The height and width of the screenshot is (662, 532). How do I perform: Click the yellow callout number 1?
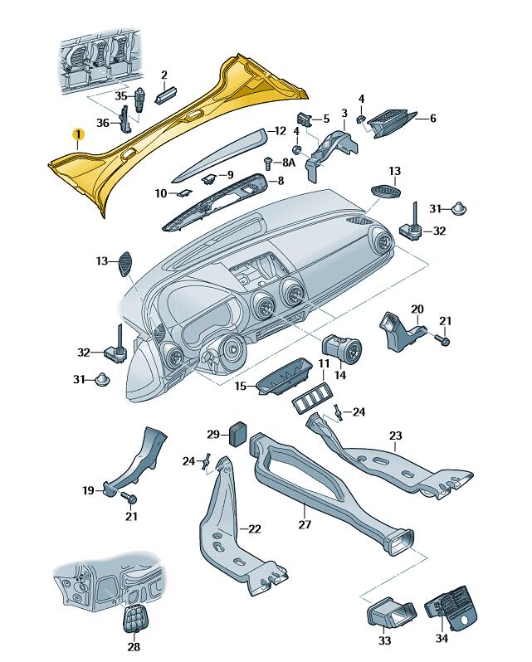[76, 134]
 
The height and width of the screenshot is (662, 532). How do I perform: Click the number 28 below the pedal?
[133, 647]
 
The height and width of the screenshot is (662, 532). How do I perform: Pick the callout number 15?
[241, 386]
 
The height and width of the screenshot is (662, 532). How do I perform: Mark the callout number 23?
[395, 436]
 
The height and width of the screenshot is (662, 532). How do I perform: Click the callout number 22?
[254, 528]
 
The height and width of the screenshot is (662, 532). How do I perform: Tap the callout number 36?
[102, 124]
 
